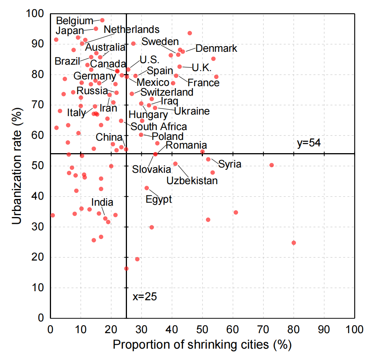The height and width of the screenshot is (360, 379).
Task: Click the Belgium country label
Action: tap(74, 20)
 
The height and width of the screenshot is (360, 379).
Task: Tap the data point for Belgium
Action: tap(102, 20)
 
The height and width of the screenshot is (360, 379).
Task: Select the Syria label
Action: tap(230, 164)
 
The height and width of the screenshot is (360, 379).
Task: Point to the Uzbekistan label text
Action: tap(192, 180)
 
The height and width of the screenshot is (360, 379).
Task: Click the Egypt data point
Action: tap(147, 188)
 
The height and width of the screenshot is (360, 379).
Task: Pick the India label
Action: tap(102, 202)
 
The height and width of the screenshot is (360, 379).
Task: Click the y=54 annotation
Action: tap(309, 143)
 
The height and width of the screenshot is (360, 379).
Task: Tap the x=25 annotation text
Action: tap(145, 296)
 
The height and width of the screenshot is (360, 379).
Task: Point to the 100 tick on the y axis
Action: tap(36, 14)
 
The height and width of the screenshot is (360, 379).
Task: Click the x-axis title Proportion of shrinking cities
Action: tap(202, 344)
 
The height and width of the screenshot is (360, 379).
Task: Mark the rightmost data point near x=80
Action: tap(294, 243)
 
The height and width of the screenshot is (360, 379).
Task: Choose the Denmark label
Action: tap(217, 48)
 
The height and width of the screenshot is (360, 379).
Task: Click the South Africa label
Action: tap(159, 126)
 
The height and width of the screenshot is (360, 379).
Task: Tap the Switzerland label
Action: tap(167, 92)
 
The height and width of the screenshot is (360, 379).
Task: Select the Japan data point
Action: tap(96, 29)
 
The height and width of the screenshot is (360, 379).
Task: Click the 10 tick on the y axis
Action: tap(39, 288)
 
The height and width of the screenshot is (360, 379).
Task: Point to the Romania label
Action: tap(186, 145)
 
